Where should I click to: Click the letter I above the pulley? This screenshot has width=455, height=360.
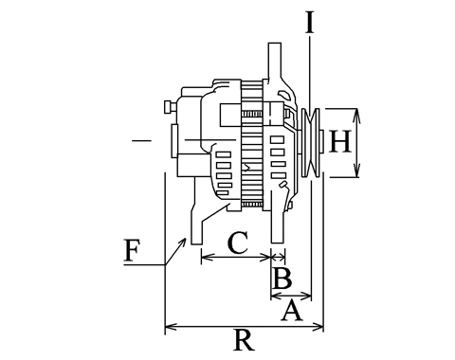pos(310,23)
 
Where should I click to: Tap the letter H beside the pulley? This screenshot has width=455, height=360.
pos(340,142)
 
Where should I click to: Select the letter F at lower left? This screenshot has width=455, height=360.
pos(132,251)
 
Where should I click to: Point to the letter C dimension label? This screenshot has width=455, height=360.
pos(238,243)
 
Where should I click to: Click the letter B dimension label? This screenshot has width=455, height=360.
pos(282,279)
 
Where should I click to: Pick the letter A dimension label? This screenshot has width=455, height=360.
pos(292,311)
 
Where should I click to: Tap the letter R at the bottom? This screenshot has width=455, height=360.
pos(244,340)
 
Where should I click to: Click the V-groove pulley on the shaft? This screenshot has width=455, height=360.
pos(311,142)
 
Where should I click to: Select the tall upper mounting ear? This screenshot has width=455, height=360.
pos(275,62)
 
